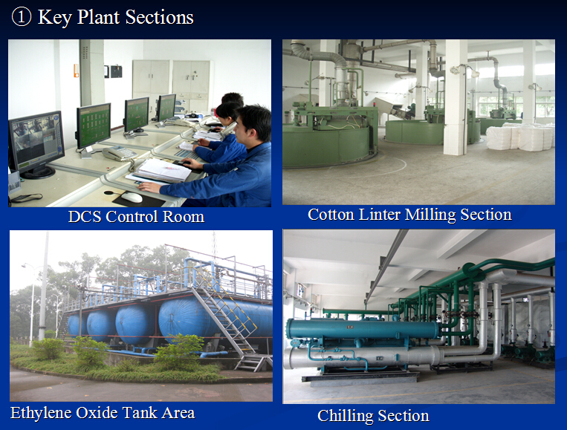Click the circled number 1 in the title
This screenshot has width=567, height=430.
(x=22, y=17)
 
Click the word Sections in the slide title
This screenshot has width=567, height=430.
(x=160, y=17)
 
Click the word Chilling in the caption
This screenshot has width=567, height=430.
(x=346, y=416)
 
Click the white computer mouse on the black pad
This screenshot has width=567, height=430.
(x=132, y=197)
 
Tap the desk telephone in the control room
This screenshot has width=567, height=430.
(x=120, y=153)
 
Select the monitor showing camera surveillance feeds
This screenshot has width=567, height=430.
(x=36, y=144)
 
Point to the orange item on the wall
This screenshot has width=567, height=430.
(x=76, y=71)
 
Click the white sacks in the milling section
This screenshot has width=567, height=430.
(x=519, y=136)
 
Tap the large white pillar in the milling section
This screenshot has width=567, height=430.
(x=456, y=97)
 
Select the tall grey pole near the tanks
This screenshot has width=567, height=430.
(x=44, y=285)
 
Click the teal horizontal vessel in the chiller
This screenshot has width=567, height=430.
(x=363, y=329)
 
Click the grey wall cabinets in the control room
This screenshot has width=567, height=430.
(x=171, y=84)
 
